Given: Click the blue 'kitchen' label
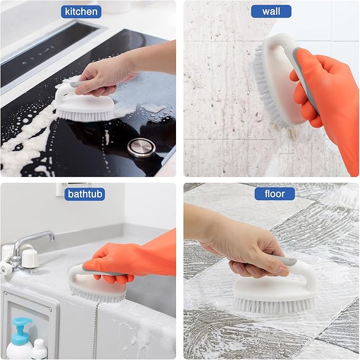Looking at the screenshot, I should (81, 11).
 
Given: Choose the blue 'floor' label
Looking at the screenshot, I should (275, 194).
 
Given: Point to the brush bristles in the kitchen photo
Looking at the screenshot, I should (85, 114).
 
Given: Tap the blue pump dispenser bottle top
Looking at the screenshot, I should (22, 324).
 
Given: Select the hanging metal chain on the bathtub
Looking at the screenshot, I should (95, 329).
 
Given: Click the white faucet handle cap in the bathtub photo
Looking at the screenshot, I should (30, 258).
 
